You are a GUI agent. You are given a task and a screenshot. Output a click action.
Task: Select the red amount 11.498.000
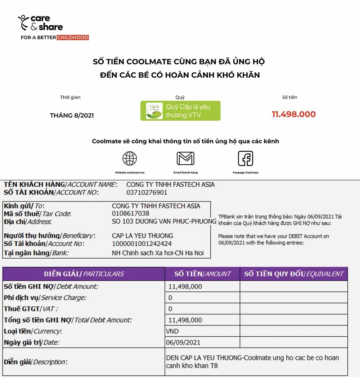point(293,114)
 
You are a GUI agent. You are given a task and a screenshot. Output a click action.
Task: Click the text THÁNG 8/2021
point(72,115)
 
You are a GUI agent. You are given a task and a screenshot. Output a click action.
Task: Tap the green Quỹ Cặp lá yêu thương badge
point(180,111)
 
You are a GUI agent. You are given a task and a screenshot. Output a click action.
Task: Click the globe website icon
point(130,159)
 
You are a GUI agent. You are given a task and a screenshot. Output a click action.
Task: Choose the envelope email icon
point(185,159)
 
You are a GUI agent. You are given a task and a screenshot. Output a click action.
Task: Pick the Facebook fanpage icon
point(246,159)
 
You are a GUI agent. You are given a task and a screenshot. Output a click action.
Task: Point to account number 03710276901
point(147,192)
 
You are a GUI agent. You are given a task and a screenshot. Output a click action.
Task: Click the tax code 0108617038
point(131,214)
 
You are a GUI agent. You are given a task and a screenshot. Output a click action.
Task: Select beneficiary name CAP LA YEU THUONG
point(143,236)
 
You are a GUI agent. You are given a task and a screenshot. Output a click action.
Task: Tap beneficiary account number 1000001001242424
point(142,244)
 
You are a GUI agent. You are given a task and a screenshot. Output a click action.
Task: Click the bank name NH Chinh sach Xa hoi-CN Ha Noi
point(158,253)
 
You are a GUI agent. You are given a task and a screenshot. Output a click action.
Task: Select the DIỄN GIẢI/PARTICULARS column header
point(84,274)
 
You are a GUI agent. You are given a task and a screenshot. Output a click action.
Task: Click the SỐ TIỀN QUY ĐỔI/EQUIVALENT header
point(294,274)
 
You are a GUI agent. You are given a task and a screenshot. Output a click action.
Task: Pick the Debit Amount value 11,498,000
point(185,287)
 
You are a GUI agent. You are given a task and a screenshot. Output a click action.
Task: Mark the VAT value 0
point(170,309)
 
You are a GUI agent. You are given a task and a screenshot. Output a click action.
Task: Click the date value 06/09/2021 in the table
point(183,342)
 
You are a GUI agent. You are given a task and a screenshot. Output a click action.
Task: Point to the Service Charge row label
point(45,298)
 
